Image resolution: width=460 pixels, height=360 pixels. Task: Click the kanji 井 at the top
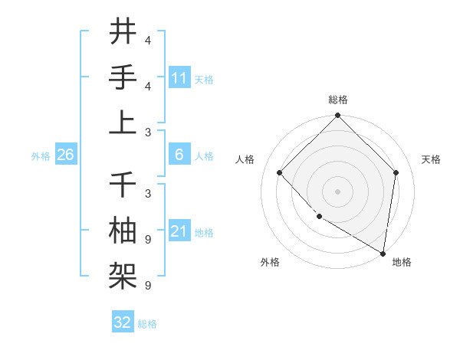click(123, 32)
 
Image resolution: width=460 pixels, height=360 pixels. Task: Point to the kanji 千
click(123, 185)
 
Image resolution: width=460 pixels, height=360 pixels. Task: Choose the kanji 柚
click(123, 230)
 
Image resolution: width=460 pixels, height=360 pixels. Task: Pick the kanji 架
click(123, 274)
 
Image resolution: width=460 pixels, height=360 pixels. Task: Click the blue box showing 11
click(179, 78)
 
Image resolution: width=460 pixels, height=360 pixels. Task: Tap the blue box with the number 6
click(179, 155)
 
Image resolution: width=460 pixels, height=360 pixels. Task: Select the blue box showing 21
click(179, 231)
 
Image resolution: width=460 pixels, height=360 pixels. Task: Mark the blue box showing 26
click(65, 155)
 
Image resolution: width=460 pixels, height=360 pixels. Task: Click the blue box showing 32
click(123, 322)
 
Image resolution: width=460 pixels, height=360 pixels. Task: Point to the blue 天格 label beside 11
click(204, 80)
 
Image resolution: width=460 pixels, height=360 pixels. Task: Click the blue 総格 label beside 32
click(147, 324)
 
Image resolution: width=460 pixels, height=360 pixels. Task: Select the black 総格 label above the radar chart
click(338, 100)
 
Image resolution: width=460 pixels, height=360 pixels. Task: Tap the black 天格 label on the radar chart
click(431, 159)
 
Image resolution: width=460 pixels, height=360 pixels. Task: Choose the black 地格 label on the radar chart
click(402, 262)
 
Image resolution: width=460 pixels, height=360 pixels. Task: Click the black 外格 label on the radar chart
click(270, 262)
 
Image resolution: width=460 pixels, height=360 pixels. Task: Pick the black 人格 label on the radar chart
click(245, 159)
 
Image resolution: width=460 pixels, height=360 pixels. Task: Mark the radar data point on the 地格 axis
click(383, 253)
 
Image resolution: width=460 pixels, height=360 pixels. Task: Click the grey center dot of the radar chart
click(338, 191)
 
